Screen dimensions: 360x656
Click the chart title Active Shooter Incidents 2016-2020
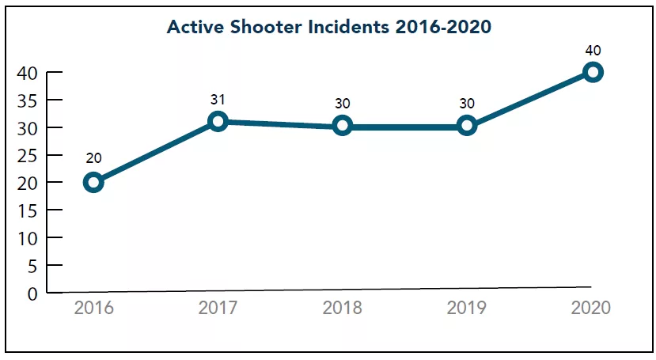(x=329, y=27)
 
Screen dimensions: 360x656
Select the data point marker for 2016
(x=93, y=182)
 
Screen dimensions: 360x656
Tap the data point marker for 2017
(x=218, y=121)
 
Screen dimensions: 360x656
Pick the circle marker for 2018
(x=342, y=125)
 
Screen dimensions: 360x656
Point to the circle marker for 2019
(x=467, y=125)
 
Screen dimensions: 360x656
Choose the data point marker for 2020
(x=592, y=72)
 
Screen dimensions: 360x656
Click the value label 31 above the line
(x=218, y=100)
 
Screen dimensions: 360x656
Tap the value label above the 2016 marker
(x=93, y=157)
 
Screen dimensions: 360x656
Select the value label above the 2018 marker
(x=342, y=104)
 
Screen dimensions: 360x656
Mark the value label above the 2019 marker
(x=467, y=104)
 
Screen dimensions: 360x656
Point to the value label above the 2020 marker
(x=593, y=51)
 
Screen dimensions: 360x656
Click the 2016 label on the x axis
(x=93, y=308)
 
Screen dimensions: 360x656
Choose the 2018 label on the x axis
(x=342, y=308)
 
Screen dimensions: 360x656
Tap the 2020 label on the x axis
(x=591, y=308)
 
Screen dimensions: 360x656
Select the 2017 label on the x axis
(x=218, y=308)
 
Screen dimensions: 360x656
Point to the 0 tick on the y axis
(x=32, y=294)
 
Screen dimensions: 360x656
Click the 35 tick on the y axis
(x=27, y=100)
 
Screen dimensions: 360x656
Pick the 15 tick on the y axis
(x=27, y=210)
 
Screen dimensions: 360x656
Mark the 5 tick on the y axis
(x=32, y=266)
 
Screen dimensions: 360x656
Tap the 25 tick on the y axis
(x=27, y=156)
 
